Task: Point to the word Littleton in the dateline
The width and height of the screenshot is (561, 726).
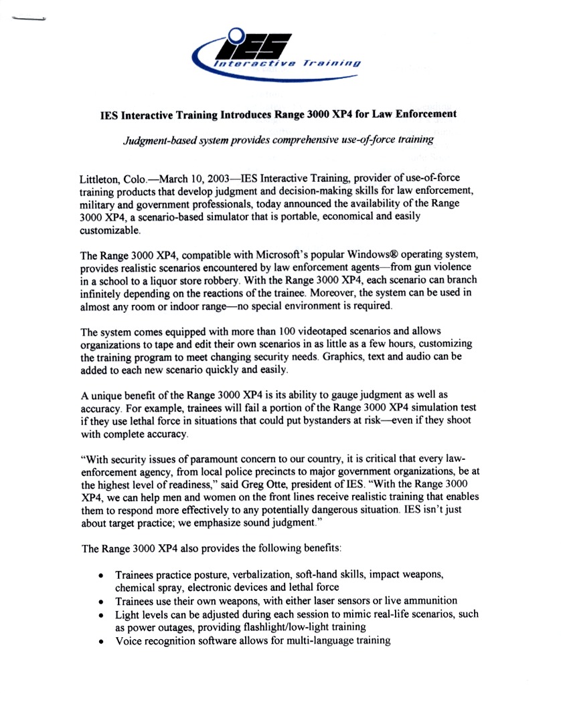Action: (100, 180)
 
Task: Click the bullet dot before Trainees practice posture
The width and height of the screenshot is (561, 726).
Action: (100, 576)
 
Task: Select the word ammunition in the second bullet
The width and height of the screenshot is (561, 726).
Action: (423, 601)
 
